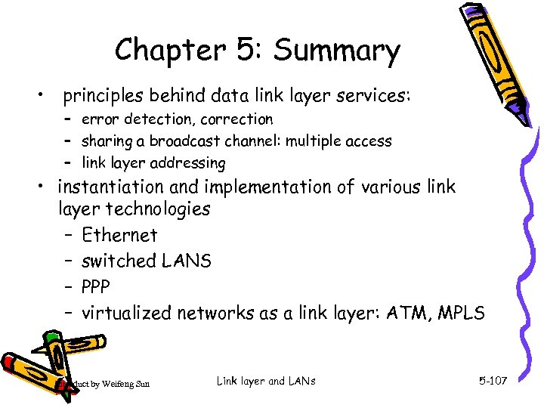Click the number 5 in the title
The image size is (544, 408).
249,51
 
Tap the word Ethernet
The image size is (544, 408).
119,235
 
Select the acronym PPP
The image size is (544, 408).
96,286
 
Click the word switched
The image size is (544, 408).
118,261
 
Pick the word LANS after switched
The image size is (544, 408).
187,261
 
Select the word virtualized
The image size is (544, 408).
128,312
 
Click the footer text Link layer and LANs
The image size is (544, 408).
265,381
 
